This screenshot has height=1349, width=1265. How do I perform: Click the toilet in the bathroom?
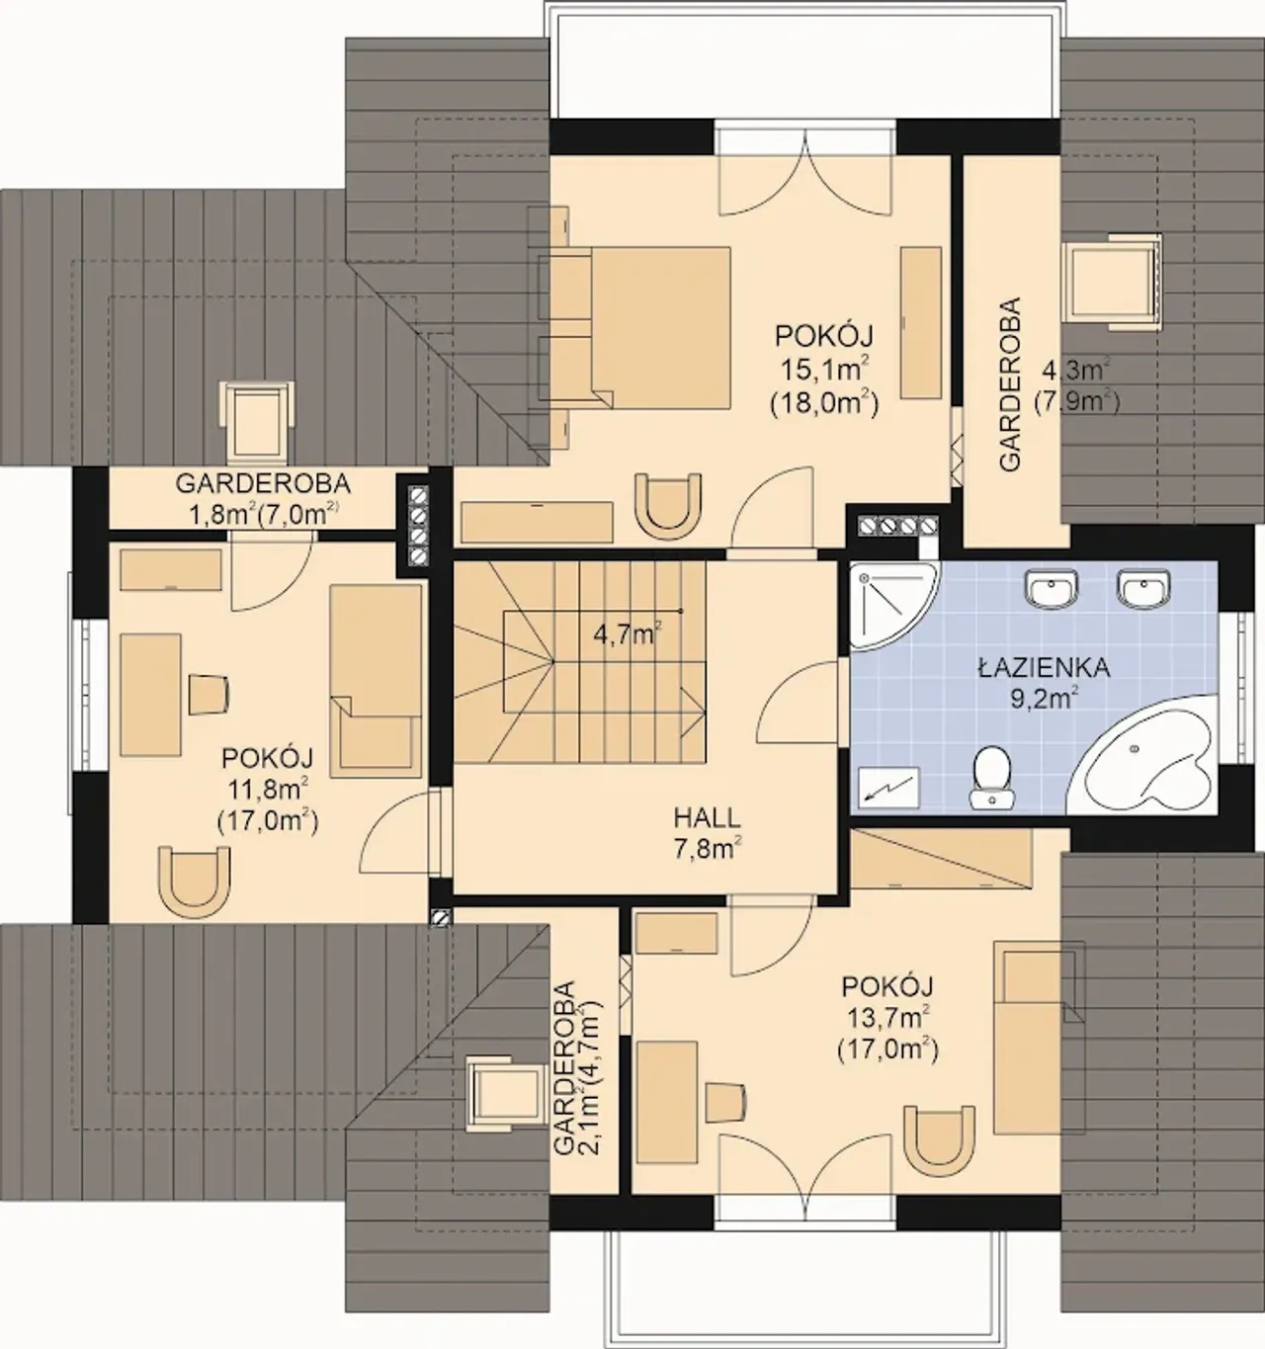(x=991, y=777)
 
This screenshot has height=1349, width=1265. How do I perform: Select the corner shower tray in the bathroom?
(x=890, y=603)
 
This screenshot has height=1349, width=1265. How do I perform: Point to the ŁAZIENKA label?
(x=1045, y=668)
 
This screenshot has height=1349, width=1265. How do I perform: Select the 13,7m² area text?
(x=887, y=1018)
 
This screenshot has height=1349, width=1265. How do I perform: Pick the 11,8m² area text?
(x=268, y=790)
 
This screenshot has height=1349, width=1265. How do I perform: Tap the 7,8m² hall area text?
(x=708, y=849)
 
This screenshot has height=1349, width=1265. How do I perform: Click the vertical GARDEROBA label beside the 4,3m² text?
(x=1010, y=383)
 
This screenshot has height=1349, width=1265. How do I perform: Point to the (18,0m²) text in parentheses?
(x=824, y=403)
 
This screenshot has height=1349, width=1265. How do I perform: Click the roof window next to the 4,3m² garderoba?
(x=1112, y=282)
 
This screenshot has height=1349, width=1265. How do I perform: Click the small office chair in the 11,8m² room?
(x=209, y=694)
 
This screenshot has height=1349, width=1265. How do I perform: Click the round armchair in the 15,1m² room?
(x=668, y=506)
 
